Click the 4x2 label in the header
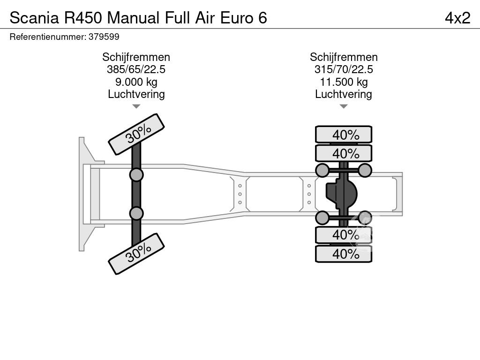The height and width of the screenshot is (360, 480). coord(457,17)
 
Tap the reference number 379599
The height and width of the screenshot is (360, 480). coord(104,37)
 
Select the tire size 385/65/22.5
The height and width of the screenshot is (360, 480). coord(136,69)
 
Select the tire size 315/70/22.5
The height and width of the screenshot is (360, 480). coord(344,69)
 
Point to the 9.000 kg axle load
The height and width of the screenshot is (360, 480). coord(136,82)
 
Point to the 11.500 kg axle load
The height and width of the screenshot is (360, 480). coord(344,82)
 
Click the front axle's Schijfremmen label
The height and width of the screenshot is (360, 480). coord(136,57)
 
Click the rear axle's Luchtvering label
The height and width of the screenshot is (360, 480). coord(344,94)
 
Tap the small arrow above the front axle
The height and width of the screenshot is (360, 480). coord(136,106)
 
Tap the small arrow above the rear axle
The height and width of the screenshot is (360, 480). coord(344,106)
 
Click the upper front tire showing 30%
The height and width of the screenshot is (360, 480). coord(136,134)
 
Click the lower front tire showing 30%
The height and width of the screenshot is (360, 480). coord(136,254)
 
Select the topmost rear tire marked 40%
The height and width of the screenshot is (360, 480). coord(344,135)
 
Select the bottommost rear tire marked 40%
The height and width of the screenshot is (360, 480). coord(344,254)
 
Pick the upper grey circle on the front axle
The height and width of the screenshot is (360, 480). coord(136,175)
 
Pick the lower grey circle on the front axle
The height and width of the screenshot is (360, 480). coord(136,213)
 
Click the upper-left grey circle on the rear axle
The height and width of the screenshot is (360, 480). coord(322,170)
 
